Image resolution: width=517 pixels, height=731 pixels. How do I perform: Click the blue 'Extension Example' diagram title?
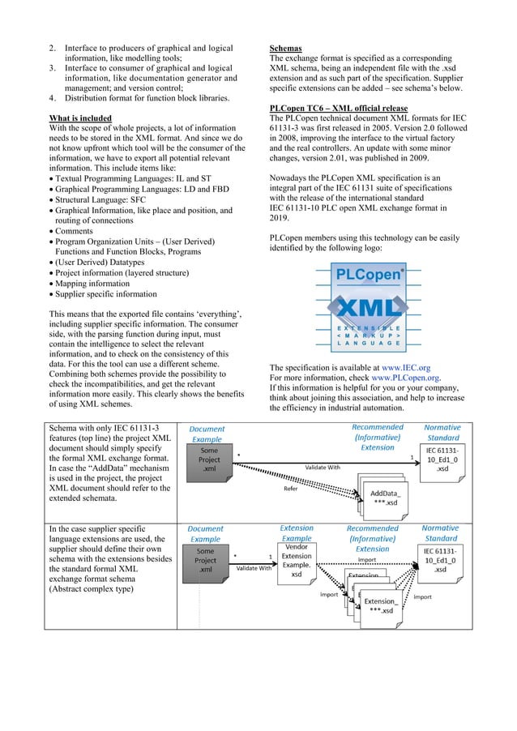[x=296, y=533]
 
